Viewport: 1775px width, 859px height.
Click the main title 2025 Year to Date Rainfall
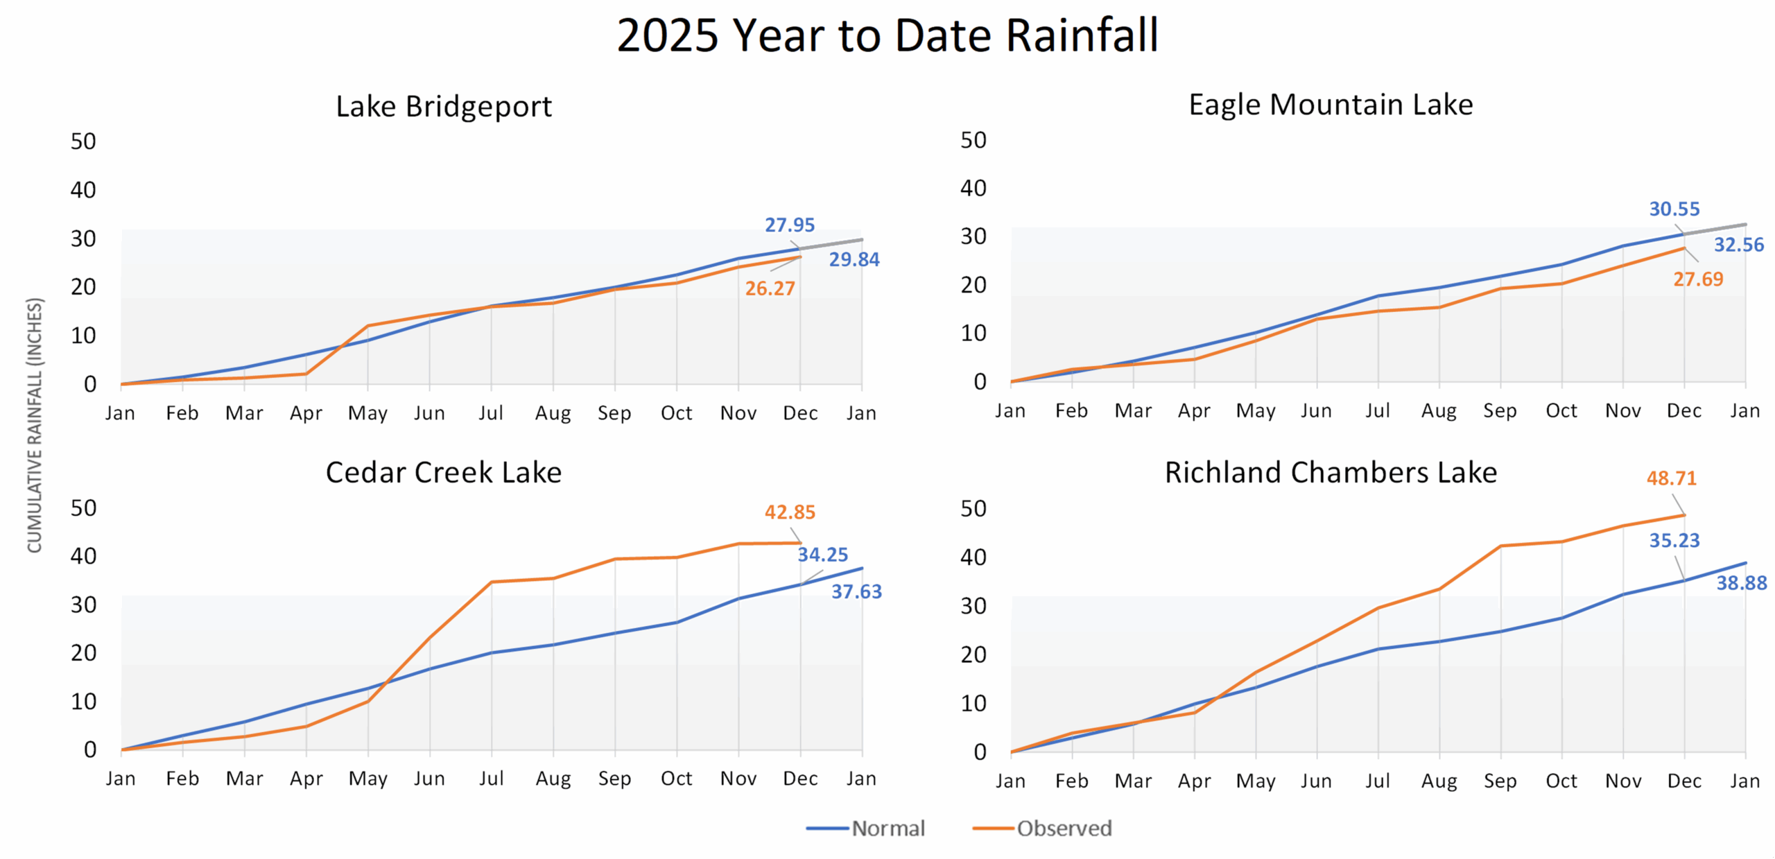[887, 35]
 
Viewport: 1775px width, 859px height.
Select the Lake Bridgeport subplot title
[444, 107]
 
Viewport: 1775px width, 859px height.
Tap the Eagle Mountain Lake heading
[1331, 105]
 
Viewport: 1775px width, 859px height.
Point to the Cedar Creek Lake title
[444, 473]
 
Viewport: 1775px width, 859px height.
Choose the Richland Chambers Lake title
[1331, 473]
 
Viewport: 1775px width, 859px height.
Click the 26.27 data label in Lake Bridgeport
[770, 288]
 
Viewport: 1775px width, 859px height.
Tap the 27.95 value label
[789, 225]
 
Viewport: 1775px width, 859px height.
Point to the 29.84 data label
[854, 260]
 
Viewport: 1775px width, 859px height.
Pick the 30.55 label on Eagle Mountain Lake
[1674, 209]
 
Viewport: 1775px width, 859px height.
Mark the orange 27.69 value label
[1698, 279]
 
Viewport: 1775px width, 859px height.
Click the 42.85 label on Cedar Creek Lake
[790, 512]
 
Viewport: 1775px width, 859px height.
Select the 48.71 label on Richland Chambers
[1671, 478]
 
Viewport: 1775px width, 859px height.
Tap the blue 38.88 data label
[1741, 584]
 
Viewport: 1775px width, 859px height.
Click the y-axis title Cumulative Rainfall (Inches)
[35, 425]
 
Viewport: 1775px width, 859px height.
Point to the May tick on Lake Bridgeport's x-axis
[367, 414]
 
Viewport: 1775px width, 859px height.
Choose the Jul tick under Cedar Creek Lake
[491, 779]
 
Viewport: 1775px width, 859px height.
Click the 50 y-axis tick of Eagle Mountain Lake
[973, 141]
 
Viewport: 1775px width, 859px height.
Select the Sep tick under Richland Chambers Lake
[1500, 781]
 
